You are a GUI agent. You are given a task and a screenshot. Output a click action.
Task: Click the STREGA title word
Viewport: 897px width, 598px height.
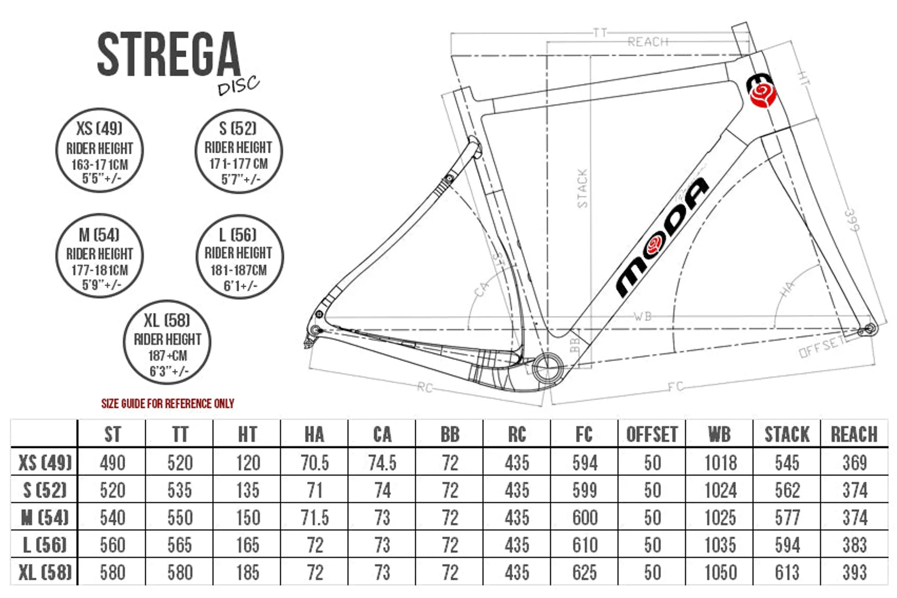[169, 54]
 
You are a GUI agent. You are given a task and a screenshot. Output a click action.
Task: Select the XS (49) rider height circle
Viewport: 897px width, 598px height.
[100, 150]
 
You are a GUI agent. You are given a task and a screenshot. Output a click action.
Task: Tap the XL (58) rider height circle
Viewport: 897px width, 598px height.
[167, 342]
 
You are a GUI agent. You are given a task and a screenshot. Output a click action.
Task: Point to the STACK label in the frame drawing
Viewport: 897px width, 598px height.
[582, 188]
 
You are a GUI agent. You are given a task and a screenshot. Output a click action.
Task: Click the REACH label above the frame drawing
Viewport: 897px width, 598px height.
[648, 42]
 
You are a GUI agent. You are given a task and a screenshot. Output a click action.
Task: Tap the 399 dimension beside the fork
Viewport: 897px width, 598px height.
[852, 221]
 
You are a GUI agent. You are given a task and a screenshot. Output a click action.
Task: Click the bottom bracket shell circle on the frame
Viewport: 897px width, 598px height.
[548, 368]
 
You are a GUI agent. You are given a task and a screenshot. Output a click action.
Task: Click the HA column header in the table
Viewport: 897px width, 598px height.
[314, 434]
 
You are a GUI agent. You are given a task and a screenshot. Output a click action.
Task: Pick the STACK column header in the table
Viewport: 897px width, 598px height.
[787, 434]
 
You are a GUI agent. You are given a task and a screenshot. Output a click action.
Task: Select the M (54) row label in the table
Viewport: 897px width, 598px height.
[45, 517]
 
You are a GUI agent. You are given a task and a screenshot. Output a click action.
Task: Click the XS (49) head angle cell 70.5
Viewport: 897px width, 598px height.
[315, 463]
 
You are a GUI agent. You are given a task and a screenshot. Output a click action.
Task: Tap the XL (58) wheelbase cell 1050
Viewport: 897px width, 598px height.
[720, 572]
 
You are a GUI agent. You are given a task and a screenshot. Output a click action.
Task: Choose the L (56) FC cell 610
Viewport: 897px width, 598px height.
[585, 545]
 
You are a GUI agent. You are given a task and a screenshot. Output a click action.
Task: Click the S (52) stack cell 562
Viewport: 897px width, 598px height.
[787, 490]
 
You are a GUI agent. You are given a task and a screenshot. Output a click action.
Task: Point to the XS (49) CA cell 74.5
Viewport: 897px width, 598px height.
[382, 463]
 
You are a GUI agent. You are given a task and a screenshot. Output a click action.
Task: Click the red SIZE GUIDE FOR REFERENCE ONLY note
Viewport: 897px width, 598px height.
[168, 403]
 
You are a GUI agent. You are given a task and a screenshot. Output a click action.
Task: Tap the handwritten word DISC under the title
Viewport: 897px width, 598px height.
[238, 85]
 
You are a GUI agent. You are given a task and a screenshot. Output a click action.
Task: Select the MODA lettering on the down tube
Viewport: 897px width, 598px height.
[662, 237]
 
